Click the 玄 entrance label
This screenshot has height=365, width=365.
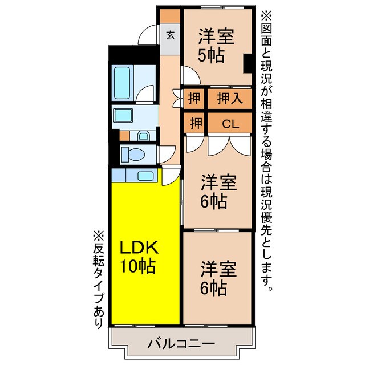(170, 34)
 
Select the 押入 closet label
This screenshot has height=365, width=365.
(230, 98)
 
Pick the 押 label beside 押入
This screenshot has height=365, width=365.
(194, 98)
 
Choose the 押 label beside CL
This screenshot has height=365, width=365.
(194, 123)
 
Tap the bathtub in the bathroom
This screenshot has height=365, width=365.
(122, 83)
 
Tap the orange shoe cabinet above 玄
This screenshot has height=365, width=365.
(169, 16)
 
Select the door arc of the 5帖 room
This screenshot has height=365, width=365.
(188, 74)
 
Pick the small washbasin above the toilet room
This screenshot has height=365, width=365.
(143, 136)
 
